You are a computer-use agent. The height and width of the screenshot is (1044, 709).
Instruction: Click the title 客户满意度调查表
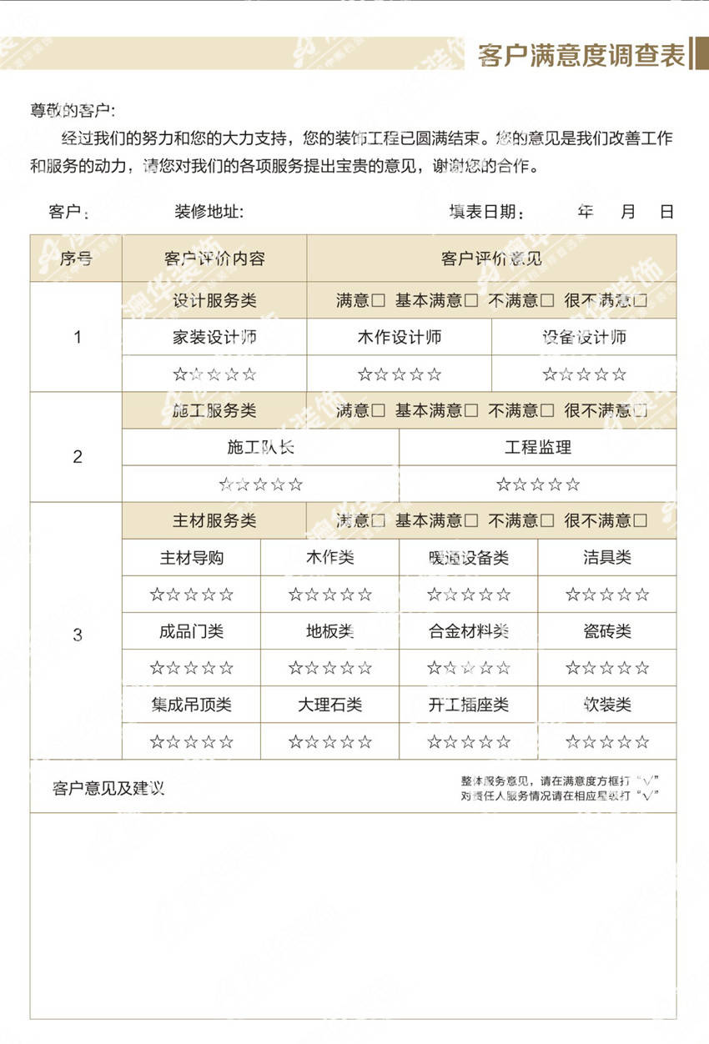pyautogui.click(x=581, y=55)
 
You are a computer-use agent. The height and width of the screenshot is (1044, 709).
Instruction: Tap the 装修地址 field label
pyautogui.click(x=209, y=212)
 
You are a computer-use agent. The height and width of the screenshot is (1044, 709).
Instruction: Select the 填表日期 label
pyautogui.click(x=487, y=212)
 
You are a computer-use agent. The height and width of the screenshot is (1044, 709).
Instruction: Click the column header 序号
pyautogui.click(x=76, y=258)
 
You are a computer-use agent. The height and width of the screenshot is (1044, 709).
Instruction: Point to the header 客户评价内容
pyautogui.click(x=214, y=258)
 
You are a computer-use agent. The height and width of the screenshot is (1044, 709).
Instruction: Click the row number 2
pyautogui.click(x=78, y=457)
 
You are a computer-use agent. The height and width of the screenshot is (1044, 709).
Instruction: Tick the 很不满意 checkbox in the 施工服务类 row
pyautogui.click(x=640, y=411)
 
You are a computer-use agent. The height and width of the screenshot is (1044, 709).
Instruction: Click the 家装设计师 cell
pyautogui.click(x=214, y=338)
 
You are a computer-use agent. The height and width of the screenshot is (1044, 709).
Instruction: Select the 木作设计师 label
pyautogui.click(x=399, y=338)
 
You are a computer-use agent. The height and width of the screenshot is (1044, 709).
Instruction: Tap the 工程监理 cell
pyautogui.click(x=538, y=447)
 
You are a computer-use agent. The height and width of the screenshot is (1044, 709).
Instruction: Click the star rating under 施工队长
pyautogui.click(x=260, y=484)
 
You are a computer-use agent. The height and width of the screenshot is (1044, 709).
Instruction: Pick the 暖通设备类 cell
pyautogui.click(x=468, y=558)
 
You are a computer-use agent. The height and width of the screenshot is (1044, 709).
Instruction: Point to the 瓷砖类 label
pyautogui.click(x=606, y=631)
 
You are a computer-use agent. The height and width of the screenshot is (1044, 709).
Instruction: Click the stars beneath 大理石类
pyautogui.click(x=329, y=741)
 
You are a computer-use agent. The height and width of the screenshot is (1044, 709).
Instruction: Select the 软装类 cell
pyautogui.click(x=606, y=705)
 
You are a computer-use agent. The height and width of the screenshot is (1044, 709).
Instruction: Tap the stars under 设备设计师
pyautogui.click(x=584, y=374)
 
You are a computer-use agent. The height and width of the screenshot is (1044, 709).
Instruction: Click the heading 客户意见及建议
pyautogui.click(x=108, y=788)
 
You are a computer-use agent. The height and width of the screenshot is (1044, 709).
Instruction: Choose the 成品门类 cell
pyautogui.click(x=191, y=631)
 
